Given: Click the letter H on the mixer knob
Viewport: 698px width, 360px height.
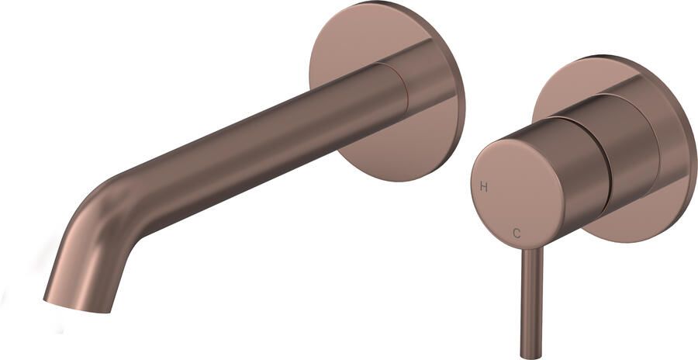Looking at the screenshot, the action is point(483,187).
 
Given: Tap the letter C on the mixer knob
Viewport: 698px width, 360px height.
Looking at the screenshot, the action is point(517,233).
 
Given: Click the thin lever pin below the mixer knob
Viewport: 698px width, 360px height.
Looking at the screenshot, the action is point(531,303).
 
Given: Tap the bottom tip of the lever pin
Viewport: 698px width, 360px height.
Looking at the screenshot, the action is point(531,357).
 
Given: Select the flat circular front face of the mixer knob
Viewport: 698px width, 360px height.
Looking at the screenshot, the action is point(517,194).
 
